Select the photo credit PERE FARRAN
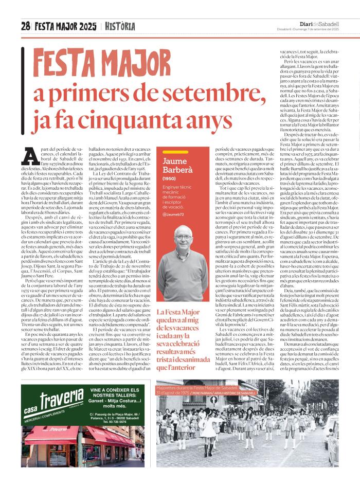point(212,421)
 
